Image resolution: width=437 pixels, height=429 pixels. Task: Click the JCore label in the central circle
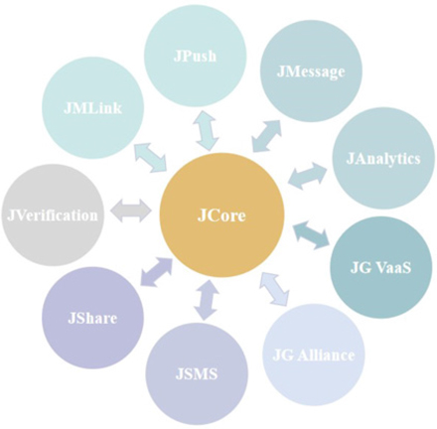click(x=221, y=215)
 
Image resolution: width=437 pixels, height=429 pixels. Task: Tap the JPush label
click(x=195, y=56)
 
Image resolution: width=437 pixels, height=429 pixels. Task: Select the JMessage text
click(x=311, y=71)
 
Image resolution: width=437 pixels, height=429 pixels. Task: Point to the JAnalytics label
click(x=383, y=159)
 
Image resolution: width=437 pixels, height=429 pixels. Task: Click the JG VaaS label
click(x=380, y=267)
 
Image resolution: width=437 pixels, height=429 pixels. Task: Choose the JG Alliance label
click(x=313, y=356)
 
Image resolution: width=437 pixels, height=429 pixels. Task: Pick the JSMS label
click(x=197, y=374)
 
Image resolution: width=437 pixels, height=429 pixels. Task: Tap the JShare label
click(x=92, y=318)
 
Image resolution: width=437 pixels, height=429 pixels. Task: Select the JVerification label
click(x=53, y=215)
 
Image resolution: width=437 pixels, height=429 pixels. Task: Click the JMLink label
click(x=93, y=108)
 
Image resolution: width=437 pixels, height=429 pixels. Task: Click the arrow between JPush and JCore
click(x=206, y=131)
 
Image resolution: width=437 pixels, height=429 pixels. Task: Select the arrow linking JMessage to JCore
click(x=266, y=136)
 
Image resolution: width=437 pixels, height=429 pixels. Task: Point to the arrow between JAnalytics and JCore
click(x=308, y=177)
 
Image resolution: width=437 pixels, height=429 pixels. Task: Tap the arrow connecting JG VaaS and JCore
click(x=311, y=234)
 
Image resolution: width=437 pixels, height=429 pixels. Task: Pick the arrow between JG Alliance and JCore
click(x=276, y=288)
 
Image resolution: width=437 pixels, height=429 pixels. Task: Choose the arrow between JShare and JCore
click(x=157, y=271)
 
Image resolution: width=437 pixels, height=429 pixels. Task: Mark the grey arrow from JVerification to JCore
click(x=131, y=211)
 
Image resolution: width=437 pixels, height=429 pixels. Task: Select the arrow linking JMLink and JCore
click(x=151, y=158)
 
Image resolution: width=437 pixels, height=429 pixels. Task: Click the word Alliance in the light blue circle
click(x=326, y=356)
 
